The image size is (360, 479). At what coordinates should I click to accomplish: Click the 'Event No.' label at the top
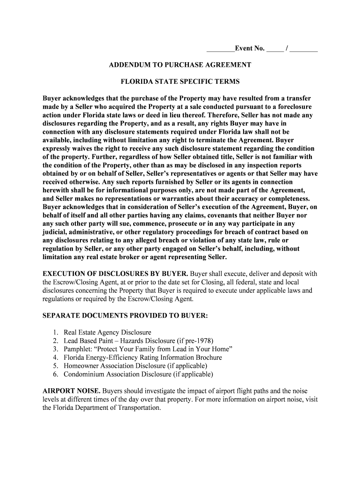(x=250, y=49)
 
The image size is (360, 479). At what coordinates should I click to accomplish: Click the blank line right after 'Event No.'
(x=275, y=49)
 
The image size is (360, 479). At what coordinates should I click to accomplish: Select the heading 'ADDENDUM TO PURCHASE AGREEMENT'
(x=180, y=65)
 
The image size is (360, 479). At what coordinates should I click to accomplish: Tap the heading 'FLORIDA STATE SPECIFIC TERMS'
(x=180, y=81)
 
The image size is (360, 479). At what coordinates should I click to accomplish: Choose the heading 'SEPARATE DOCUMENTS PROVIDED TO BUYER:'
(x=125, y=316)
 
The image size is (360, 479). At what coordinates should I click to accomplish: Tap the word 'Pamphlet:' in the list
(x=78, y=349)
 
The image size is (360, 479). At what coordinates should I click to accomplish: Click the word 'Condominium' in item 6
(x=84, y=374)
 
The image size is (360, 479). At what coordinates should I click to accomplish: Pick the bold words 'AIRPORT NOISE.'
(x=72, y=391)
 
